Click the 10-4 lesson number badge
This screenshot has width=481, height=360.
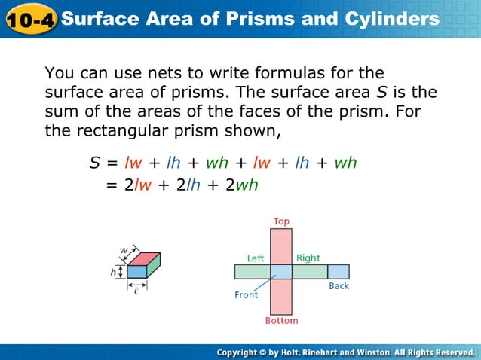click(x=29, y=19)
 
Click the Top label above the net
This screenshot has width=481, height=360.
click(x=281, y=221)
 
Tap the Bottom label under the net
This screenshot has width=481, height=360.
click(x=281, y=321)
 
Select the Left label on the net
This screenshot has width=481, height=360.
click(x=256, y=258)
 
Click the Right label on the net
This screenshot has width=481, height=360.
click(x=308, y=258)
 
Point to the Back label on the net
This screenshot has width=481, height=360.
click(x=339, y=286)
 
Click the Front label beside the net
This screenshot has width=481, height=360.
click(x=246, y=294)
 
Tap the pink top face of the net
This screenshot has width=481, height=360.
click(x=281, y=246)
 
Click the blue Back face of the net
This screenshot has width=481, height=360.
click(x=339, y=271)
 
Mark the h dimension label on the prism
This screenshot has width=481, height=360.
click(x=113, y=272)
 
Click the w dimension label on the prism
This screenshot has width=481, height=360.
click(x=124, y=249)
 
